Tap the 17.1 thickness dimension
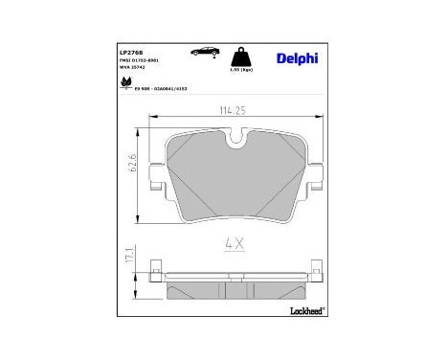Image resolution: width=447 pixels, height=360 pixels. [136, 258]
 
